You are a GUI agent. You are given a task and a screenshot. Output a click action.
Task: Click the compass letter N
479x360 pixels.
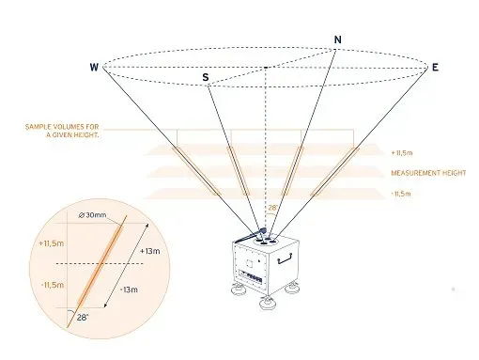[337, 39]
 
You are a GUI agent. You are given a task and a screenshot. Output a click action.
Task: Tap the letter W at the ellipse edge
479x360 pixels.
[94, 67]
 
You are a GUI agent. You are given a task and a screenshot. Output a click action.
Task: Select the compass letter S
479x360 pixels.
[206, 76]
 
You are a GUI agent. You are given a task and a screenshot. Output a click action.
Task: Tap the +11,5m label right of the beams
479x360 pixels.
[403, 151]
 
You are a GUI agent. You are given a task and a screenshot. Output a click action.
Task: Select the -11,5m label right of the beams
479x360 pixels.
[402, 194]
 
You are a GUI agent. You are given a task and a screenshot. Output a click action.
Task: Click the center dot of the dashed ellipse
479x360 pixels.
[268, 68]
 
